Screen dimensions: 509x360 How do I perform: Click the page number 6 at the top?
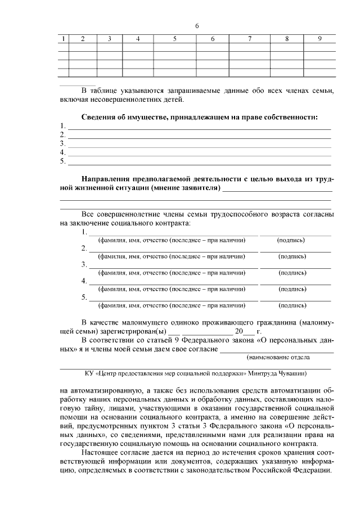[197, 26]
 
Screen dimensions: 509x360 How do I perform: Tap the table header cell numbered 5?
[174, 39]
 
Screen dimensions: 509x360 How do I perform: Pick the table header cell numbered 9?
[319, 39]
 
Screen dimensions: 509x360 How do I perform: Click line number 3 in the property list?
[62, 144]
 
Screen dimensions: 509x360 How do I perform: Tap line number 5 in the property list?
[62, 162]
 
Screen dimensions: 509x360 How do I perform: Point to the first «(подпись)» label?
[291, 240]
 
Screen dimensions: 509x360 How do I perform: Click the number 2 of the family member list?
[84, 248]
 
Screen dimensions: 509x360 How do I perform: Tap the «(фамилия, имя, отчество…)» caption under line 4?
[172, 289]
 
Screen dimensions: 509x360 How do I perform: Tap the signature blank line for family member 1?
[295, 233]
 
